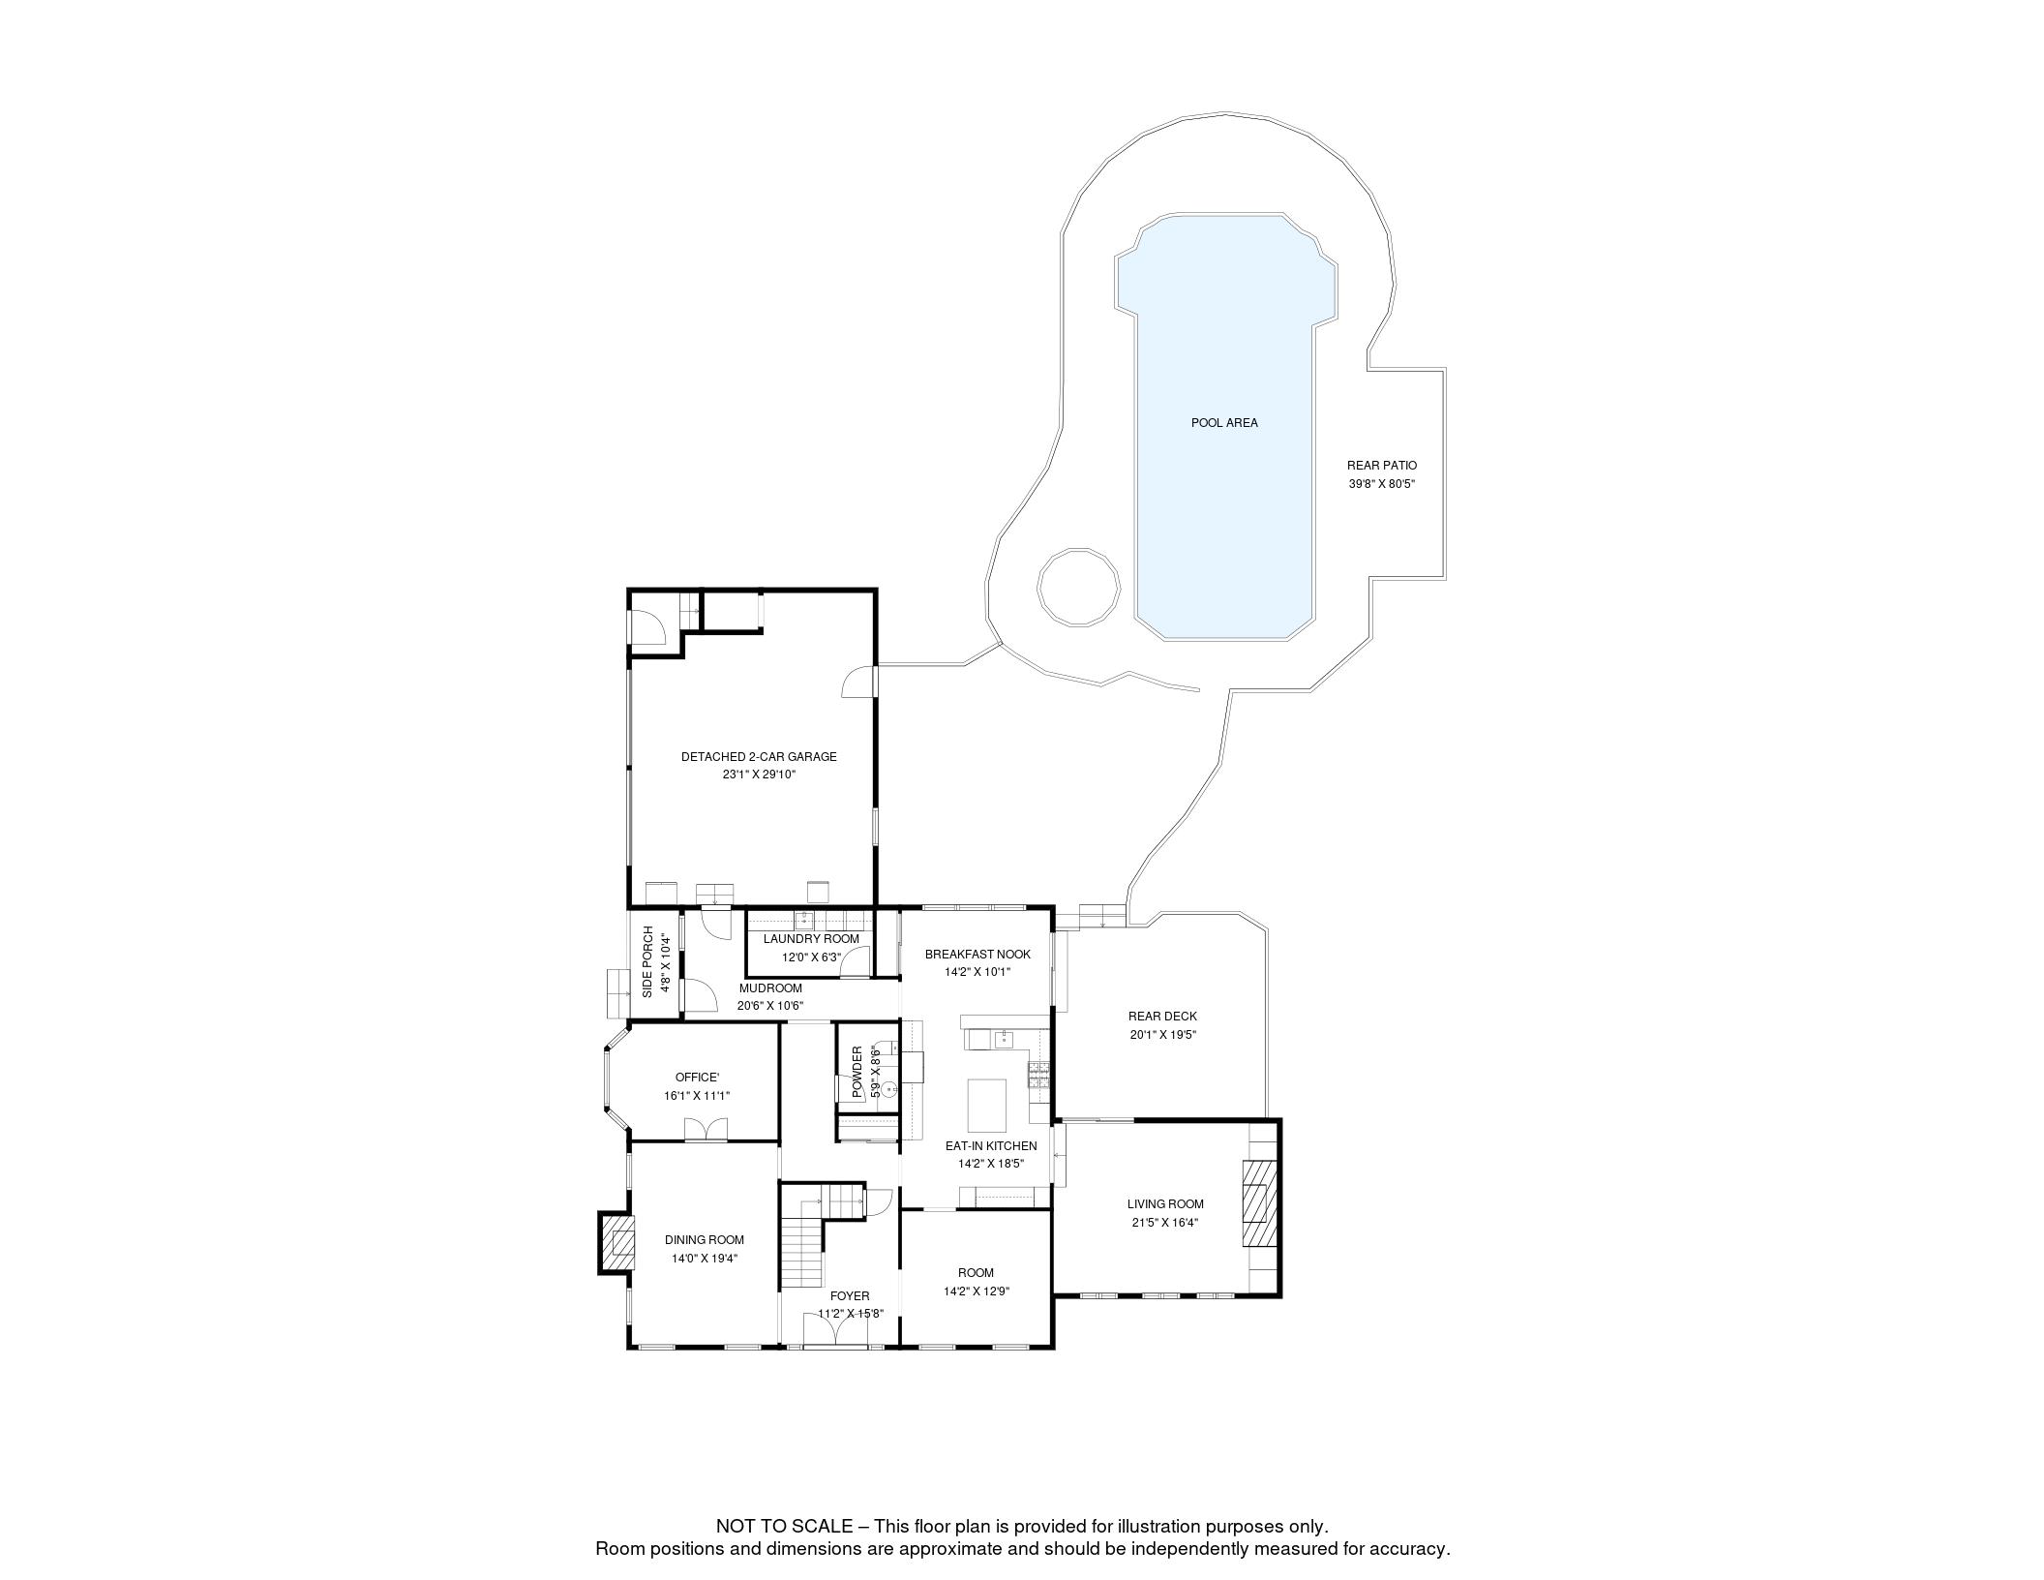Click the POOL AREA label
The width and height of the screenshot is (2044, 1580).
[1224, 423]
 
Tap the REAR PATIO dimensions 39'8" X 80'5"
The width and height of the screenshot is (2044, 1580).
[1382, 484]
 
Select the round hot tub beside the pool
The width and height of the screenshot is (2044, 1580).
[1078, 587]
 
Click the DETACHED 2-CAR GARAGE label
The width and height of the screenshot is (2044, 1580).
[759, 757]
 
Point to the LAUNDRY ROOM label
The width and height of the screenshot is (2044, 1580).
[811, 939]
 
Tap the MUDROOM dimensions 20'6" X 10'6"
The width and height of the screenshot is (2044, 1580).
[770, 1006]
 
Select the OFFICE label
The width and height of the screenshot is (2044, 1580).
[697, 1078]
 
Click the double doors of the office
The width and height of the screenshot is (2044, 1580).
[705, 1130]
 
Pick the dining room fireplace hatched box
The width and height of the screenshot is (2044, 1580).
[617, 1242]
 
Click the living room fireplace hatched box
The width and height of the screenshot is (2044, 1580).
[1258, 1205]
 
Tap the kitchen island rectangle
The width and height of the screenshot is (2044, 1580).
[987, 1105]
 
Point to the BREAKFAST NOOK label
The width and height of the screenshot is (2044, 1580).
[977, 955]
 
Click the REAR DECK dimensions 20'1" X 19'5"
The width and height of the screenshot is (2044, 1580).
[1162, 1035]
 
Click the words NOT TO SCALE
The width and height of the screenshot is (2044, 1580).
[784, 1527]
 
